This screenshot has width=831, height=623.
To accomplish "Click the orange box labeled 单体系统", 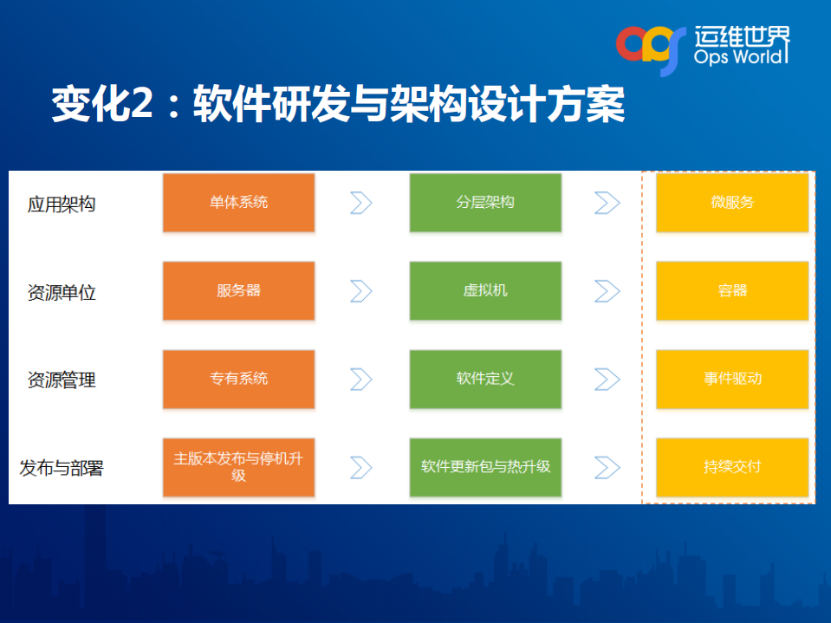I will [x=238, y=203].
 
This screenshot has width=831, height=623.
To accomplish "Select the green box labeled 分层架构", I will [x=485, y=203].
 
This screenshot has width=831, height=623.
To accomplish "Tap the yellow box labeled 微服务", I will [x=732, y=203].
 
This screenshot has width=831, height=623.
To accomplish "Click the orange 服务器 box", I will [x=238, y=291].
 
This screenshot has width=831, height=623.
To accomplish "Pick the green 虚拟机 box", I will [x=485, y=291].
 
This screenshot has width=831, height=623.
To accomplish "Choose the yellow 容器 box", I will [x=732, y=291].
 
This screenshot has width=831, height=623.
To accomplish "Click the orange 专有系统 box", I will [x=238, y=380].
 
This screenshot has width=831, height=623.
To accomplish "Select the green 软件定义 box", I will [x=485, y=380].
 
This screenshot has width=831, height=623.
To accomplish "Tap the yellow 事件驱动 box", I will [x=732, y=380].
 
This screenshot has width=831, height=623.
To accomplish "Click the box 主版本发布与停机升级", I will [x=238, y=467].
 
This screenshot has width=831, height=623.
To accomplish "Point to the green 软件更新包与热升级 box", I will [x=485, y=467].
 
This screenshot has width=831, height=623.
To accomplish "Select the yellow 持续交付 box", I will [x=732, y=467].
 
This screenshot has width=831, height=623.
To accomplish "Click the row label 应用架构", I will [x=62, y=204].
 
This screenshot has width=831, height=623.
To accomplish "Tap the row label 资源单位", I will [x=62, y=293].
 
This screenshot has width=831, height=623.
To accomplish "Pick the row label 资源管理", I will [x=62, y=380].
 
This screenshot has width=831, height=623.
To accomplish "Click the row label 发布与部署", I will [x=62, y=469].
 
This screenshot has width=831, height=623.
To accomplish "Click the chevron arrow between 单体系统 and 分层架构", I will [x=360, y=203].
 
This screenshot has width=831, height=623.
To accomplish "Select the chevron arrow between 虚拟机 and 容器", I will [x=607, y=291].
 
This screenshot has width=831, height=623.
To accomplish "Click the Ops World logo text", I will [x=741, y=57].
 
